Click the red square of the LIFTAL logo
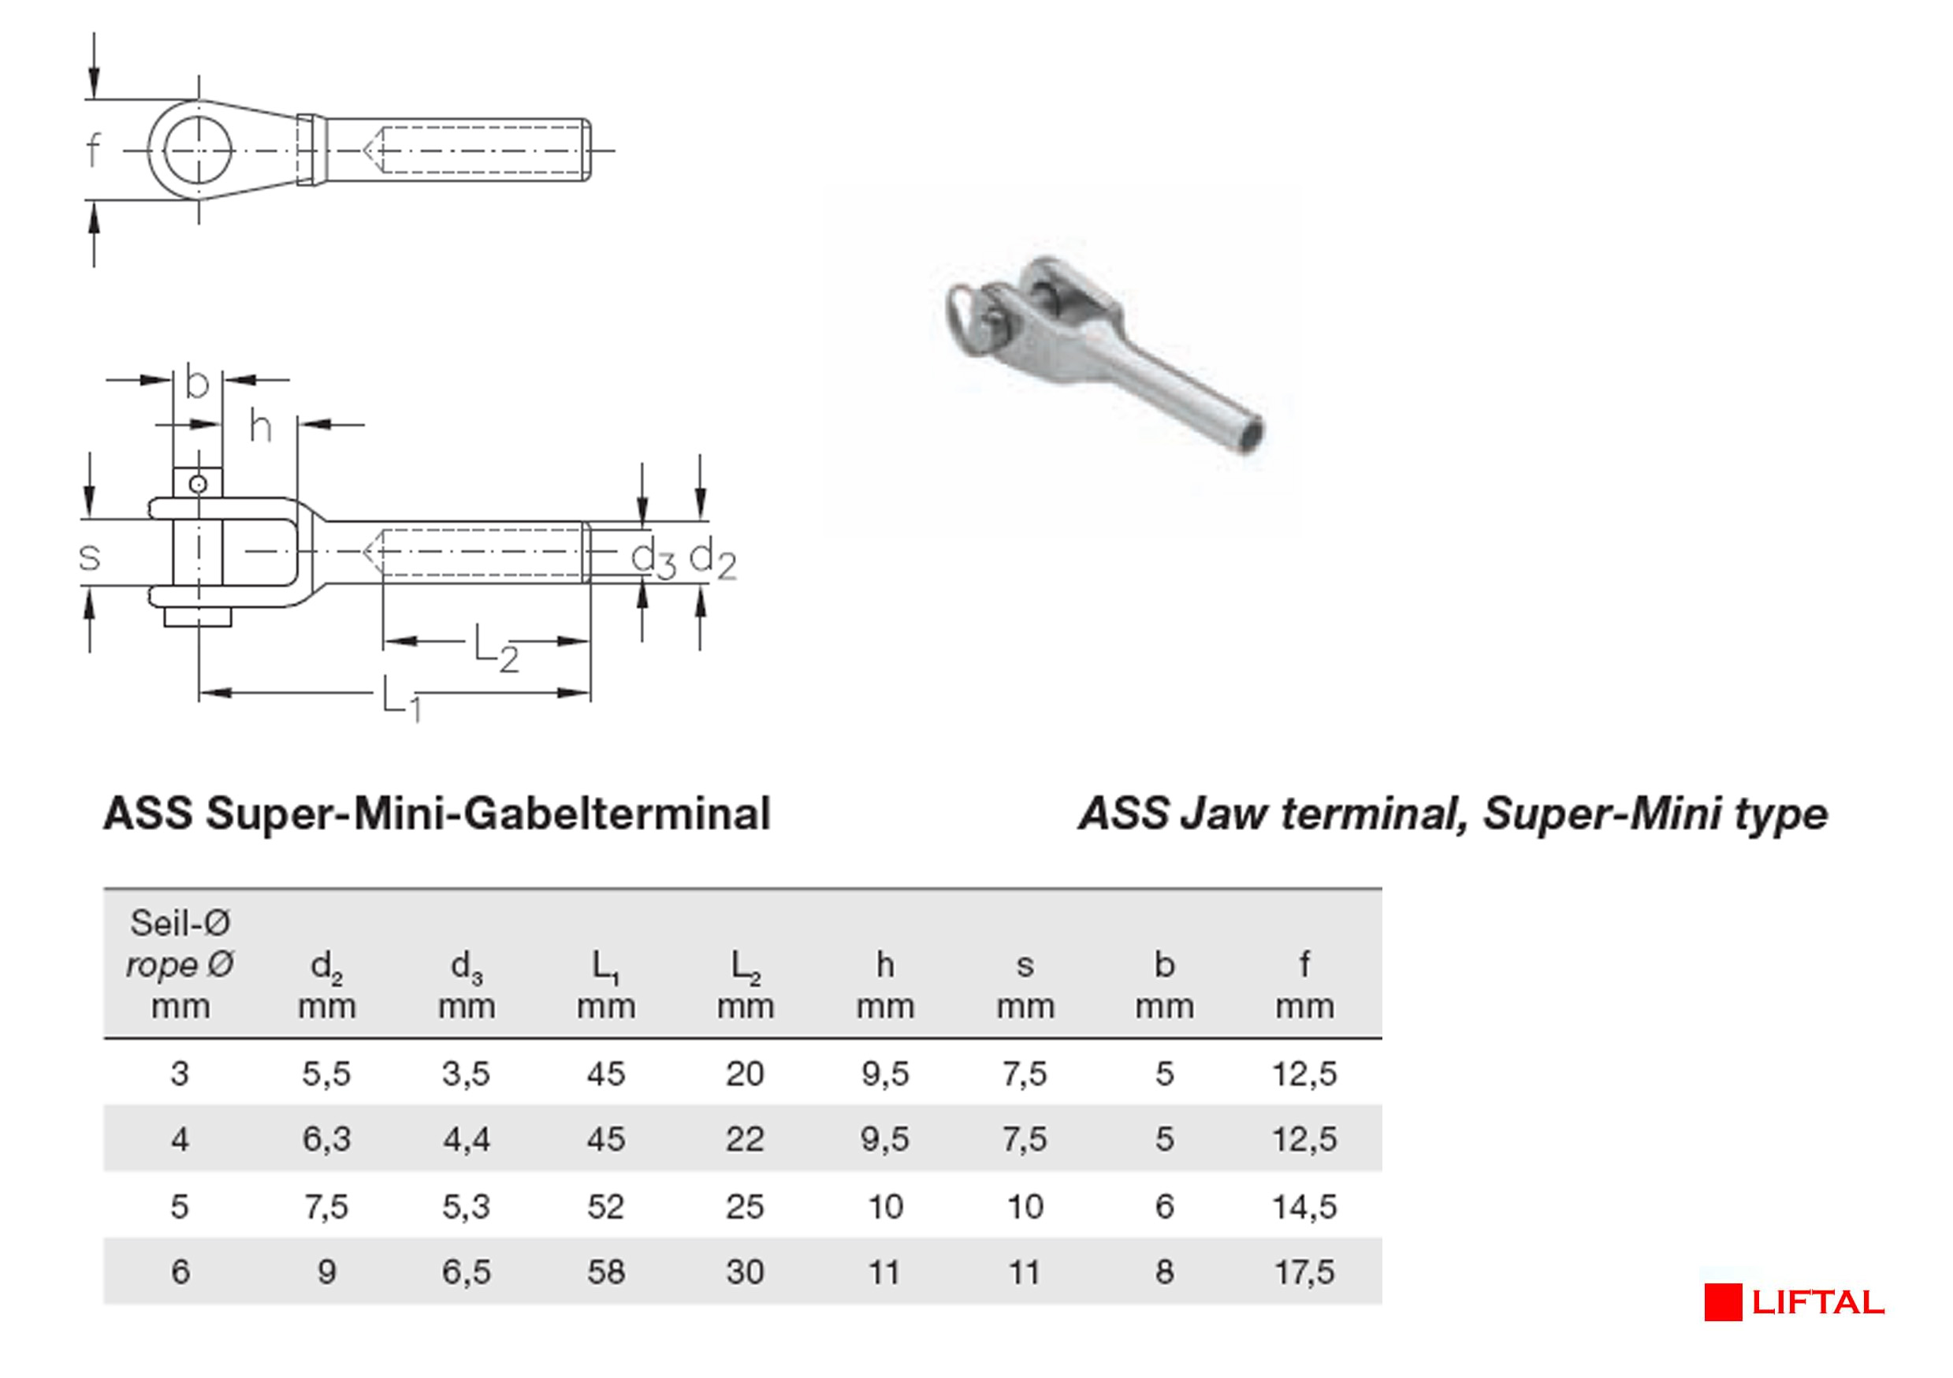pos(1723,1303)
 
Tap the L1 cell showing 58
pos(605,1272)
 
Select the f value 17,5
pos(1305,1272)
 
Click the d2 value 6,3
pos(326,1139)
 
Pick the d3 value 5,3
pos(466,1206)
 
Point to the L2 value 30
pos(745,1272)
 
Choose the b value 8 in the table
pos(1165,1272)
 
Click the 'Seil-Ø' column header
pos(180,923)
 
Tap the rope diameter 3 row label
pos(180,1074)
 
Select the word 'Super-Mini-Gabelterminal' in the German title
pos(489,814)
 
